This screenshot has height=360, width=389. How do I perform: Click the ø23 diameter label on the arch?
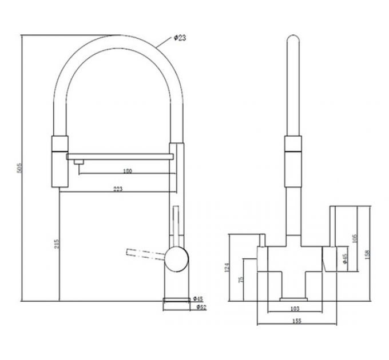click(x=178, y=38)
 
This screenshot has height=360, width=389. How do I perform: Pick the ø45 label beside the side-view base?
click(x=198, y=298)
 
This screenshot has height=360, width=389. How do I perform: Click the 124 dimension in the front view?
click(x=227, y=267)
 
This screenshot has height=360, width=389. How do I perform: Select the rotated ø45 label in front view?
click(x=344, y=261)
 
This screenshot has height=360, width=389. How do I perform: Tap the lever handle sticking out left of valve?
click(x=143, y=252)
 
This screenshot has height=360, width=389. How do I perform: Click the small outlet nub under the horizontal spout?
click(x=75, y=163)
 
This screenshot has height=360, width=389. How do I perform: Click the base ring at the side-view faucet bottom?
click(x=177, y=300)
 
